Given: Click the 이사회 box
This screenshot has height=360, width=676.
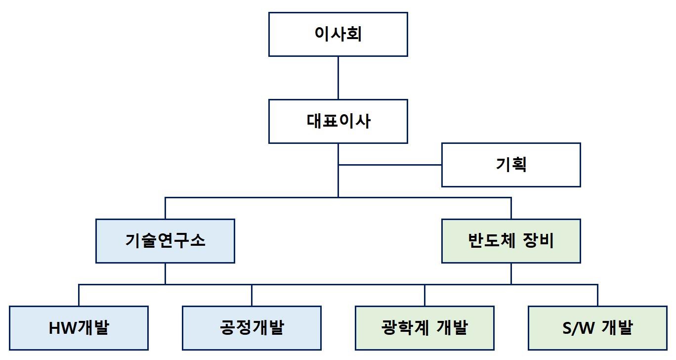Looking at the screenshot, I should [338, 34].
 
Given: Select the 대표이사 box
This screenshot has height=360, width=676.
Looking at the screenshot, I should [338, 121].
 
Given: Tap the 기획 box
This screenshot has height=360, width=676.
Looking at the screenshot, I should [511, 165].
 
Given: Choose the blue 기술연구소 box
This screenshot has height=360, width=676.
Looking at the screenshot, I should [165, 241].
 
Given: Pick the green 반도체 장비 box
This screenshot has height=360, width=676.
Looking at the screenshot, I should [511, 241].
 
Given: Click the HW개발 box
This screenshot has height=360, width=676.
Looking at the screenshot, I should [79, 328].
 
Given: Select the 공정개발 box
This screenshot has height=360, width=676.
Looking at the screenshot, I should [252, 328].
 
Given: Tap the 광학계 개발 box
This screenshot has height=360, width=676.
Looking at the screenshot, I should [424, 328].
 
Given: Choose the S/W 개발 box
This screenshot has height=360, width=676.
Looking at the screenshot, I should [597, 328].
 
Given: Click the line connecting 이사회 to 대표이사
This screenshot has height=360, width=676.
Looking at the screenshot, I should [338, 78].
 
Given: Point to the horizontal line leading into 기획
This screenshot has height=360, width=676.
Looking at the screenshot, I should [390, 165].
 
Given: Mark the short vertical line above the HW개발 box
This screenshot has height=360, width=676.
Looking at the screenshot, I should [79, 295].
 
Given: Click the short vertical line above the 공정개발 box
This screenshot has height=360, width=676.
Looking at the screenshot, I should [252, 295].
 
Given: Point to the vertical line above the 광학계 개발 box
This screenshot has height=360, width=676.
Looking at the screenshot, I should [424, 295].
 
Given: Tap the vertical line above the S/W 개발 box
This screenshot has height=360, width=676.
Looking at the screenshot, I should [597, 295].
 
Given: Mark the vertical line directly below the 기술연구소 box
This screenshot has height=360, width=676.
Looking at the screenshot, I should [165, 273].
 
